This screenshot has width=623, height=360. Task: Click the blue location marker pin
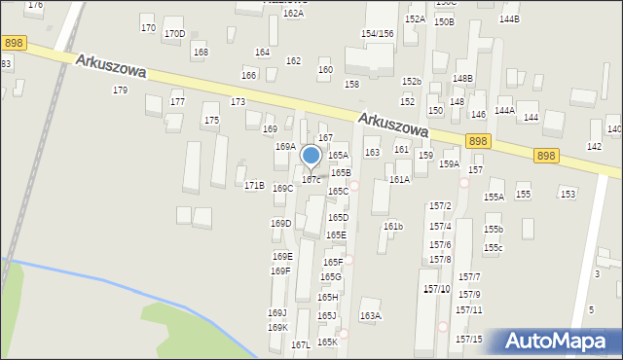pos(311,157)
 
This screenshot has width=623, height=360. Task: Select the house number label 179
pos(120,90)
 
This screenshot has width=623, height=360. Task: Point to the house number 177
pos(177,102)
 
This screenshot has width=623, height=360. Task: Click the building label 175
pos(211,121)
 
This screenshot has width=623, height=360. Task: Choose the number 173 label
pos(238,102)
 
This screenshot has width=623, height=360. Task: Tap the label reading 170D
pos(174,34)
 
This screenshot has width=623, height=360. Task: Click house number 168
pos(201,53)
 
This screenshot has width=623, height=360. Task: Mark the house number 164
pos(262,53)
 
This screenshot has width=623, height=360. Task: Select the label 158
pos(351,85)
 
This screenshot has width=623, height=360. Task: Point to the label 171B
pos(254,185)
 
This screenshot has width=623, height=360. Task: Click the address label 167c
pos(311,180)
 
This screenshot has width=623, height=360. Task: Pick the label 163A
pos(371,316)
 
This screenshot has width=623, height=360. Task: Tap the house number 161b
pos(393,227)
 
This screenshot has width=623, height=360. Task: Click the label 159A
pos(449,164)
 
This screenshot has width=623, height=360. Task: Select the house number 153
pos(568,195)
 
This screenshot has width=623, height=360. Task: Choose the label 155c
pos(494,248)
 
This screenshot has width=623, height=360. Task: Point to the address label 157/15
pos(468,340)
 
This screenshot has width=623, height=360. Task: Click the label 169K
pos(278,328)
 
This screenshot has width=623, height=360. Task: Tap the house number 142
pos(594,146)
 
